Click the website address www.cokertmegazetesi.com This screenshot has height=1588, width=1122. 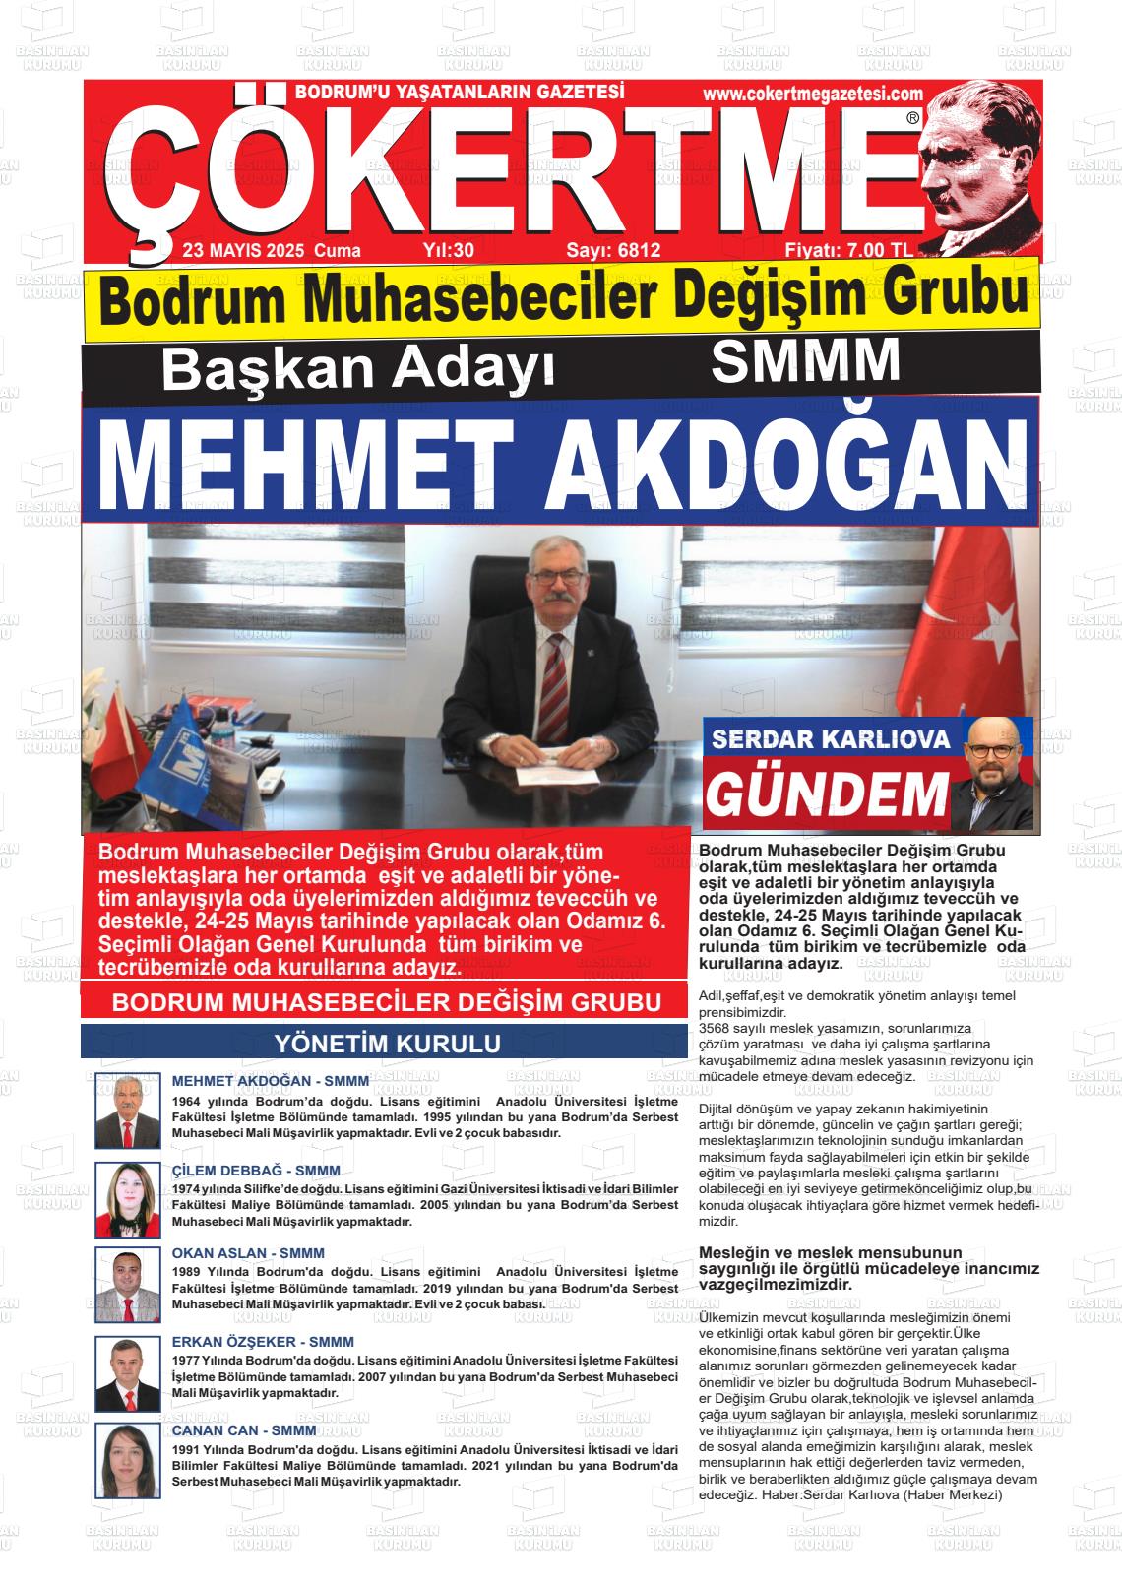tap(813, 94)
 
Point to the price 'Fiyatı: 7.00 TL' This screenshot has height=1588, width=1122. tap(848, 251)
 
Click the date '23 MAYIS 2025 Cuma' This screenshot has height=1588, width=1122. tap(272, 251)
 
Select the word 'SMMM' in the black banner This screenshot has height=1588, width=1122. tap(805, 361)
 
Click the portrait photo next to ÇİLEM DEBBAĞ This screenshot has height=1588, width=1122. tap(127, 1199)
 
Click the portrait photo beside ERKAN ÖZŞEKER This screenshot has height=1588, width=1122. tap(127, 1373)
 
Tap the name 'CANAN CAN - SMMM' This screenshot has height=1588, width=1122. tap(244, 1429)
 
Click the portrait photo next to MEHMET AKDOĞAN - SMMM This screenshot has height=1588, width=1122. tap(127, 1111)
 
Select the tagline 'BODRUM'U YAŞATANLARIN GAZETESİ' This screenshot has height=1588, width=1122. tap(461, 93)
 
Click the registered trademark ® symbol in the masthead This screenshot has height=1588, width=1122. tap(912, 118)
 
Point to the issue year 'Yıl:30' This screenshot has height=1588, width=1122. tap(448, 251)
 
